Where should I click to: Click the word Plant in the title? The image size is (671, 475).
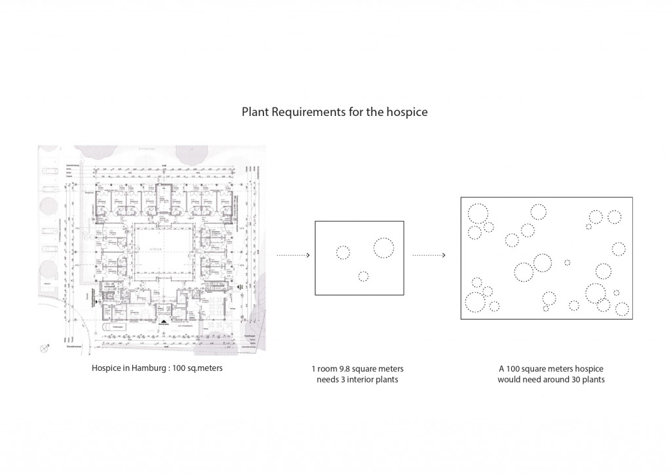256,112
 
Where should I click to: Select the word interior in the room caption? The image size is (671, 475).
366,379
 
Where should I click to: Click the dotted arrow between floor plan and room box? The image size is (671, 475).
292,256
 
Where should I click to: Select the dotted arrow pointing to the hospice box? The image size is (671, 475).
430,256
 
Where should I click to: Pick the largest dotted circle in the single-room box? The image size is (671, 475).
383,248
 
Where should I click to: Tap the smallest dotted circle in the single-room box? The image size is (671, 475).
364,276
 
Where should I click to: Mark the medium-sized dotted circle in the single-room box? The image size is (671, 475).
343,252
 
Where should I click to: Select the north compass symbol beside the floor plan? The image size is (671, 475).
45,347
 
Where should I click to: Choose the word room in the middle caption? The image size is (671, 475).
326,369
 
